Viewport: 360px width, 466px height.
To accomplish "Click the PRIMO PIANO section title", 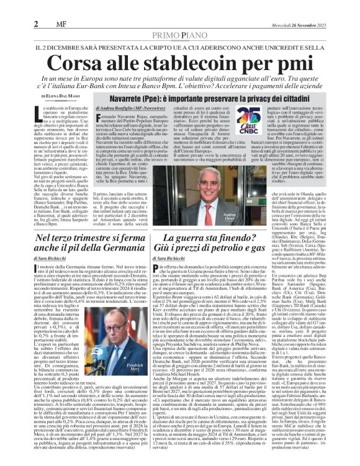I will pos(179,35).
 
